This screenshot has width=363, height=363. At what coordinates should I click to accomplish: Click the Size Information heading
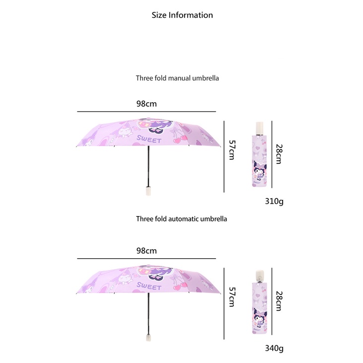pos(182,15)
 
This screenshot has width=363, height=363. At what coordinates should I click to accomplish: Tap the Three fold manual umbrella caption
pos(177,78)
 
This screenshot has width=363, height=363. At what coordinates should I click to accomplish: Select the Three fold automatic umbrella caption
pos(181,218)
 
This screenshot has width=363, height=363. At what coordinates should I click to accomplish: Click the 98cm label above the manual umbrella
pos(146,104)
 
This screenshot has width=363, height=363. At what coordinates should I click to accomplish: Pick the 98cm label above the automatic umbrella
pos(146,251)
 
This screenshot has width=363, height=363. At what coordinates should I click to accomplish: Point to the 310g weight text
pos(274,202)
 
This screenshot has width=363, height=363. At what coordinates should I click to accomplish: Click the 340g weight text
pos(274,348)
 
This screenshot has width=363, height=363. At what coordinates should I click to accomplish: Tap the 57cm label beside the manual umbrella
pos(231,149)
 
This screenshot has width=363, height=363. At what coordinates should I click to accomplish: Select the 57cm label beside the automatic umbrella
pos(231,296)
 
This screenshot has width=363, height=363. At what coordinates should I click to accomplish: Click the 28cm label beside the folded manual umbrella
pos(279,154)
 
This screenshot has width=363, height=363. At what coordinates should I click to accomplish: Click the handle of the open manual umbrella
pos(148,190)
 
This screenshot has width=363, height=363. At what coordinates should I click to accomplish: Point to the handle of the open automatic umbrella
pos(148,337)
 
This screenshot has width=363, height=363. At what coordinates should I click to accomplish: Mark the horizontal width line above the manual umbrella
pos(146,112)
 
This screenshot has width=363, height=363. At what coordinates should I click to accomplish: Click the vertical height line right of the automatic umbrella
pos(224,303)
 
